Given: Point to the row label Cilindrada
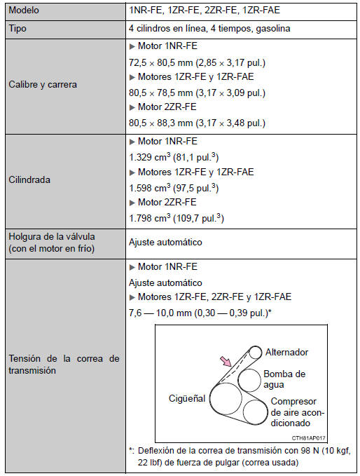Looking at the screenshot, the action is coord(29,179).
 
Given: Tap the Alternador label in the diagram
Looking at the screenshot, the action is coord(286,351).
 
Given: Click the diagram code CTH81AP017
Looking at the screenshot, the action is coord(311,437).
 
